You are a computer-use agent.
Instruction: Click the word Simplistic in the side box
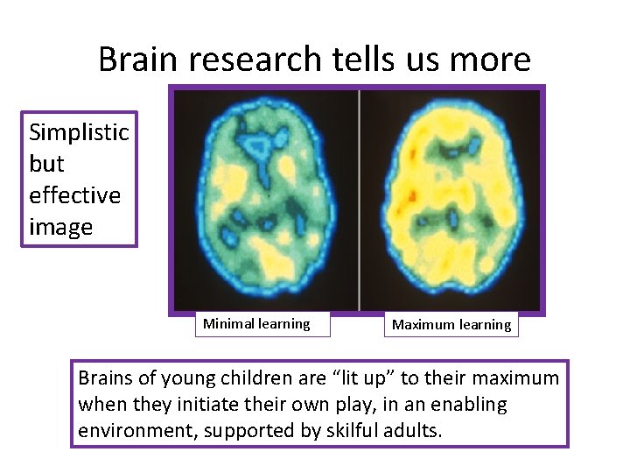coord(79,132)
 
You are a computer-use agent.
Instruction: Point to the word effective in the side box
coord(74,195)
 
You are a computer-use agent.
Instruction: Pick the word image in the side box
coord(60,227)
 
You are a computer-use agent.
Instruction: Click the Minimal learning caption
coord(256,324)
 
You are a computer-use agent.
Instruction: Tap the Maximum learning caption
coord(451,325)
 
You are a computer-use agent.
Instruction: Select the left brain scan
coord(266,199)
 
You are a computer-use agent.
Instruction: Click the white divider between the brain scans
coord(359,199)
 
